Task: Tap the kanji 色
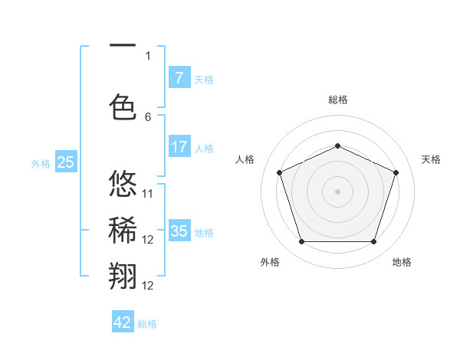[123, 107]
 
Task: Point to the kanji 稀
[123, 230]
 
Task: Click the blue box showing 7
[179, 77]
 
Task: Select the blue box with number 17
[179, 147]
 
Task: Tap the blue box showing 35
[179, 231]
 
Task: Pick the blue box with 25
[65, 162]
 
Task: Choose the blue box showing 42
[123, 322]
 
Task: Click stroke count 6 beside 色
[148, 117]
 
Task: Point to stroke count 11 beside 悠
[148, 193]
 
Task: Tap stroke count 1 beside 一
[148, 55]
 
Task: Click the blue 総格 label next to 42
[147, 324]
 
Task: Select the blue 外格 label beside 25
[41, 163]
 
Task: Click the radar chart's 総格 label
[337, 100]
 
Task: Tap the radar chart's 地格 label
[402, 262]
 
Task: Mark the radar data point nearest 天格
[396, 172]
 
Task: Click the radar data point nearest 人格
[279, 172]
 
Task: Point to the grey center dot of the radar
[337, 191]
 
